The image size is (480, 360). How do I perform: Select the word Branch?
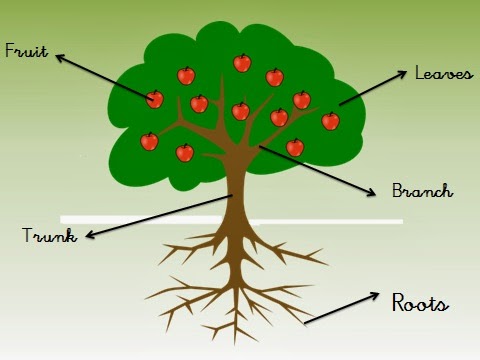click(422, 190)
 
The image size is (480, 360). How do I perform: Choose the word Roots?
click(420, 302)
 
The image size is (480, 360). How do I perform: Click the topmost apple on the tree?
click(242, 63)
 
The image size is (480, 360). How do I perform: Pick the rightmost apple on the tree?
click(330, 121)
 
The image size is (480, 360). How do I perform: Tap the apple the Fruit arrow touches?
click(154, 99)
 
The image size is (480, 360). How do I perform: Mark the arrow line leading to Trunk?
click(160, 216)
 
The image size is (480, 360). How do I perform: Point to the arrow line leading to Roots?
click(340, 309)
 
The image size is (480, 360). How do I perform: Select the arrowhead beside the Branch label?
click(370, 191)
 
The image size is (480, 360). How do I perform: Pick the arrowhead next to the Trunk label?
click(89, 236)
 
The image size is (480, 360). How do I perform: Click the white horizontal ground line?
click(330, 220)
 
